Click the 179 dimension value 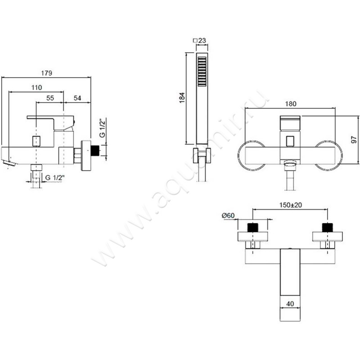click(x=47, y=73)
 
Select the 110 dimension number click(x=37, y=87)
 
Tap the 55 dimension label click(x=50, y=98)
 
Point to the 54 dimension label click(x=77, y=98)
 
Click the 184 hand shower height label click(x=182, y=98)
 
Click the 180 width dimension click(x=291, y=104)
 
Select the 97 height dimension click(x=354, y=139)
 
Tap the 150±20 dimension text click(x=291, y=205)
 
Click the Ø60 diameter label click(x=228, y=216)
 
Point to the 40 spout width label click(x=290, y=304)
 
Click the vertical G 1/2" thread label click(x=103, y=128)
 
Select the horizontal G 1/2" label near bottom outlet click(x=55, y=177)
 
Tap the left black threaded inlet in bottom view click(x=253, y=228)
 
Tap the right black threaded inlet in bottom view click(x=328, y=228)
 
